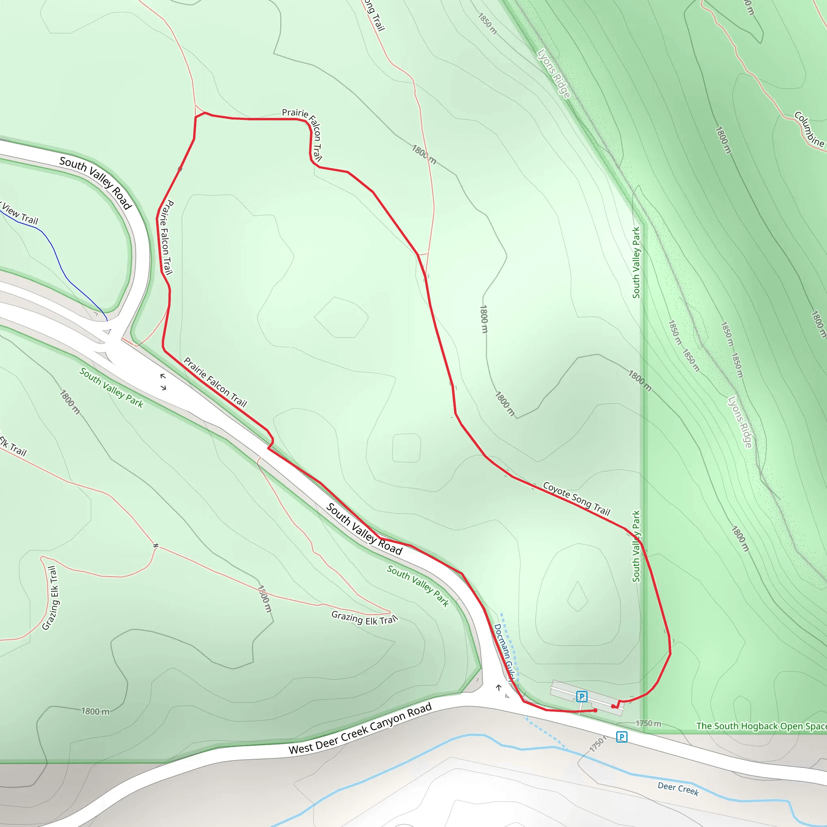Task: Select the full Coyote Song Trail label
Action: [577, 499]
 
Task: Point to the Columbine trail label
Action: [808, 129]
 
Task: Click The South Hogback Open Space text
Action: [761, 726]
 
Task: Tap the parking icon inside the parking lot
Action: [581, 697]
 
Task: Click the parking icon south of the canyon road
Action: [621, 737]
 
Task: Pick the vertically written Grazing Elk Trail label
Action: [50, 598]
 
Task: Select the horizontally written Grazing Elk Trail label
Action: [364, 619]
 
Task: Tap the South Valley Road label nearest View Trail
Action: [95, 183]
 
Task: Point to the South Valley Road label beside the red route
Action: [364, 529]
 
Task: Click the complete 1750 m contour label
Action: [648, 723]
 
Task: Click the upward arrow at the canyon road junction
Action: [499, 688]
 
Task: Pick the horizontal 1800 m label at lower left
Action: [95, 712]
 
